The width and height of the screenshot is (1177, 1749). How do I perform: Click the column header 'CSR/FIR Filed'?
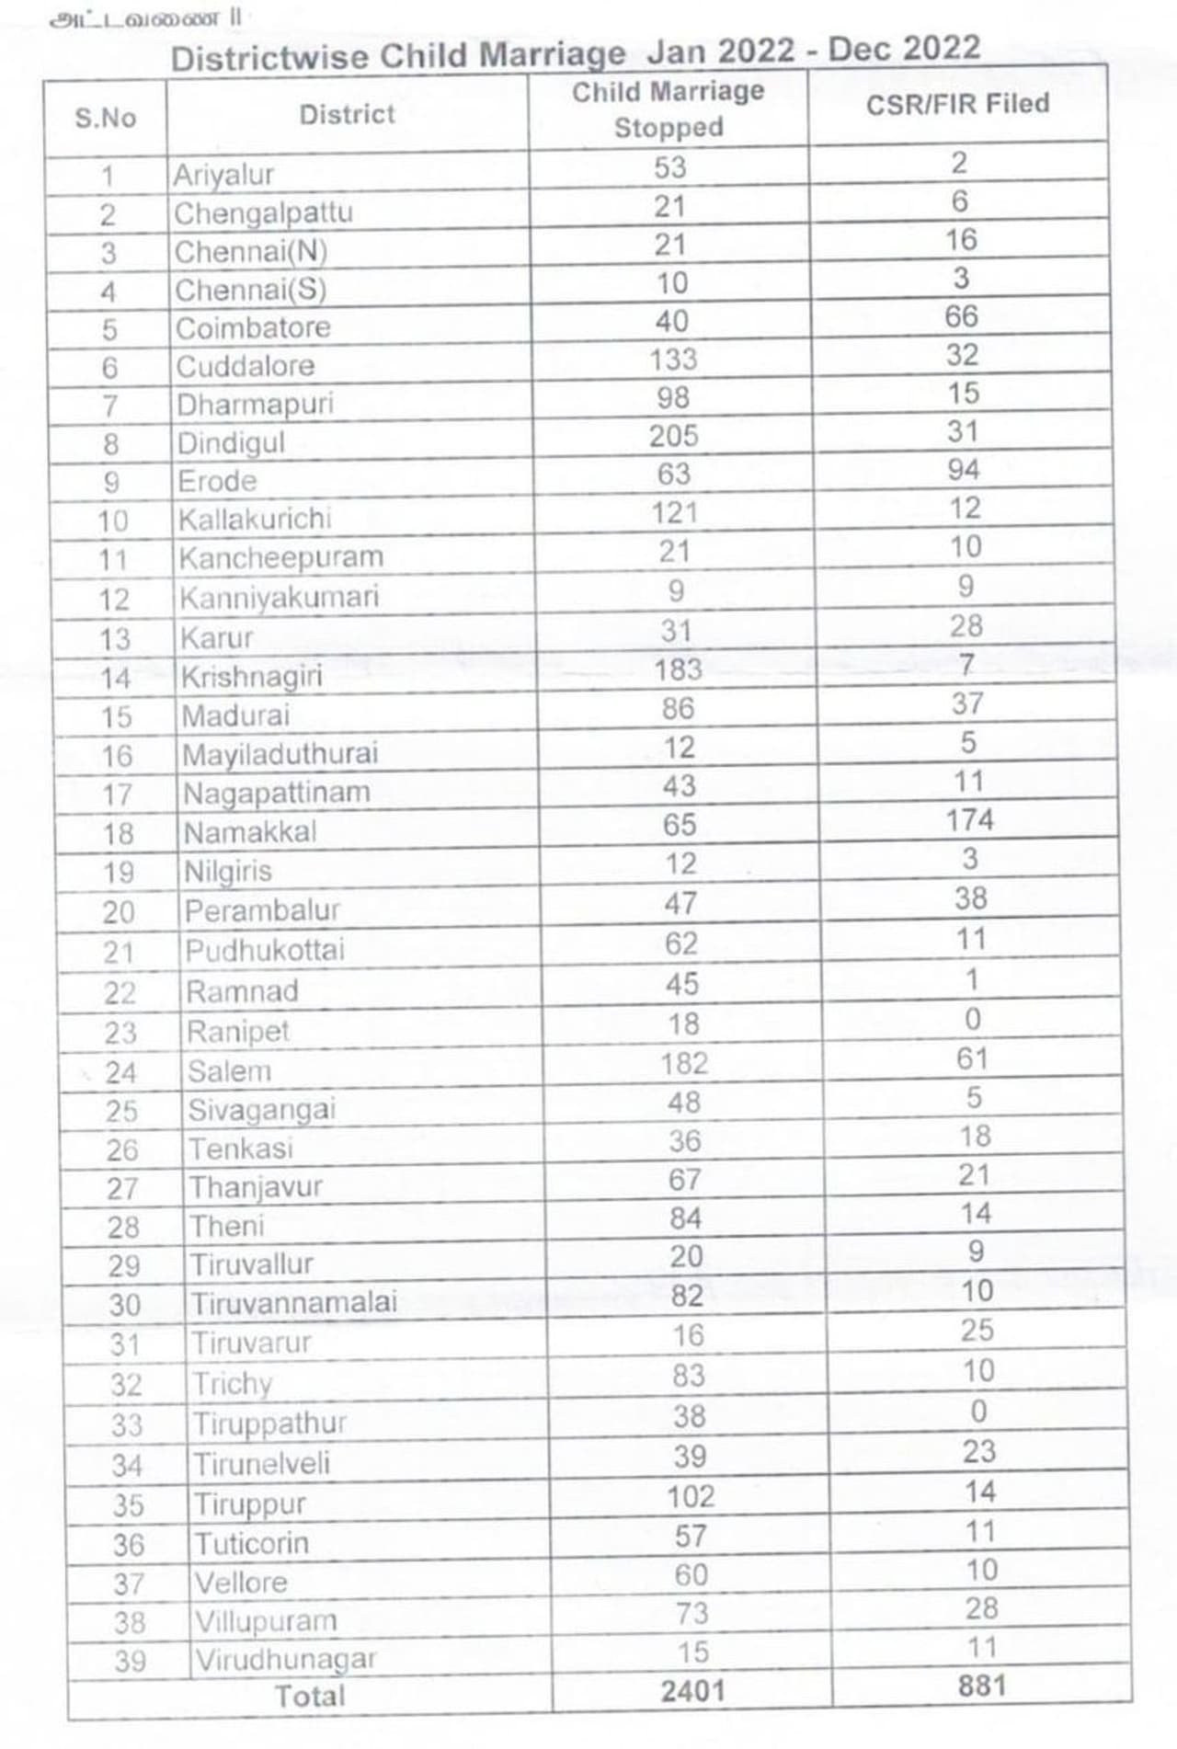[x=957, y=104]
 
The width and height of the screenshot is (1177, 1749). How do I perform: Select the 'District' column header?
[x=347, y=115]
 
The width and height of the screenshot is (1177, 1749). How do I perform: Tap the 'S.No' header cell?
[x=105, y=118]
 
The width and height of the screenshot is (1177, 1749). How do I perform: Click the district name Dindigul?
[x=231, y=443]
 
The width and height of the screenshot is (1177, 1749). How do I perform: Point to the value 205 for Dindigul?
[x=673, y=436]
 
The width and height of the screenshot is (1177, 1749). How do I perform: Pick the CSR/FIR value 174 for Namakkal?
[x=969, y=819]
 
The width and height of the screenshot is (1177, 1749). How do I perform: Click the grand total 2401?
[x=693, y=1690]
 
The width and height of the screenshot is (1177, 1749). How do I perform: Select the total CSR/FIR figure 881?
[x=981, y=1686]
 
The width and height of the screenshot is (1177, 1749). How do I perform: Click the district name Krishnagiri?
[x=251, y=677]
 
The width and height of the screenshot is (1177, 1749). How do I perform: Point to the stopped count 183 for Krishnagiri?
[x=678, y=669]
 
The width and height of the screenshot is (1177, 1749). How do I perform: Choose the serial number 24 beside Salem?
[x=120, y=1072]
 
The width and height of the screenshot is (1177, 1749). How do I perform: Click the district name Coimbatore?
[x=253, y=328]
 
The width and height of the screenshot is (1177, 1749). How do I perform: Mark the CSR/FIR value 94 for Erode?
[x=963, y=470]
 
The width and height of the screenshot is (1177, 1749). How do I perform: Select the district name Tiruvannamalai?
[x=294, y=1303]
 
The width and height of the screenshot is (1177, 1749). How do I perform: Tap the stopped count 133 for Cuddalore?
[x=673, y=360]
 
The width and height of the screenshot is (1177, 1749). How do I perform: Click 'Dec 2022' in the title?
[x=904, y=49]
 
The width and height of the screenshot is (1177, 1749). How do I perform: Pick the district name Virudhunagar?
[x=286, y=1660]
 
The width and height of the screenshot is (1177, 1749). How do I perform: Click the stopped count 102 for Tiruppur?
[x=690, y=1496]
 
